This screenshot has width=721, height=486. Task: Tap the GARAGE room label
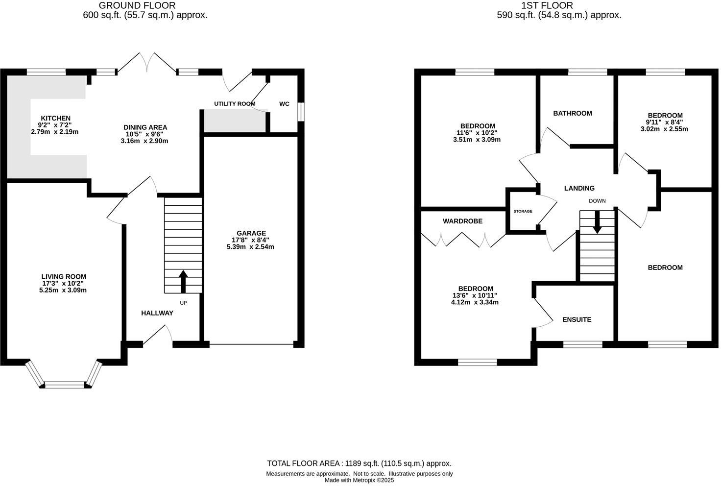(x=251, y=233)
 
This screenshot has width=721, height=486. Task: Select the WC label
(x=284, y=104)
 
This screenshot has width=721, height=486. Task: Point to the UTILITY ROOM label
(x=235, y=104)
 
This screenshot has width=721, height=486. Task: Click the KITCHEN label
(x=55, y=118)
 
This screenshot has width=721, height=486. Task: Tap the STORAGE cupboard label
(x=523, y=211)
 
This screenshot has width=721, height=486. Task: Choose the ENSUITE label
(x=577, y=319)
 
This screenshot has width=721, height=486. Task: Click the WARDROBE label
(x=462, y=221)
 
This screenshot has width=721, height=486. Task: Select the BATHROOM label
(x=572, y=113)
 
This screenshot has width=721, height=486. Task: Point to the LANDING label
(x=579, y=188)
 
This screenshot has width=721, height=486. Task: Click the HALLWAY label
(x=157, y=313)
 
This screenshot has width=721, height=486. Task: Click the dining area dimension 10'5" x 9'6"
(x=145, y=134)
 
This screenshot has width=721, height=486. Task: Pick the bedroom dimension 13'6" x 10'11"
(x=475, y=295)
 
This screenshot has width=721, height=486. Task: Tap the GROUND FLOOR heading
(x=137, y=6)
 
